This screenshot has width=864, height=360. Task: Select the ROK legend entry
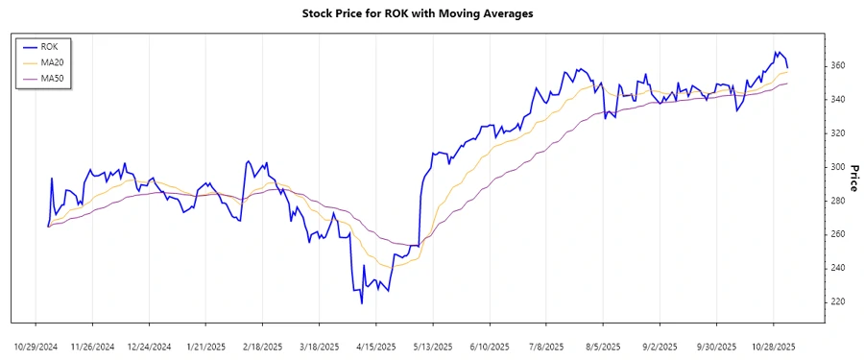tap(49, 45)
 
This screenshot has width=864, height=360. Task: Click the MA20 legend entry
tap(52, 61)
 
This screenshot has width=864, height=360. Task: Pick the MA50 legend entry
tap(52, 78)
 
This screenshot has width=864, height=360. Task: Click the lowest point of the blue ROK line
tap(362, 303)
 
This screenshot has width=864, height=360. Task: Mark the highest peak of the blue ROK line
tap(778, 52)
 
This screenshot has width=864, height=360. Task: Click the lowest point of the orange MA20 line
tap(386, 267)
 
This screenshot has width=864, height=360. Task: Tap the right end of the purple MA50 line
tap(788, 84)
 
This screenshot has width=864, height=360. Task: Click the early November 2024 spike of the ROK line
tap(52, 179)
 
